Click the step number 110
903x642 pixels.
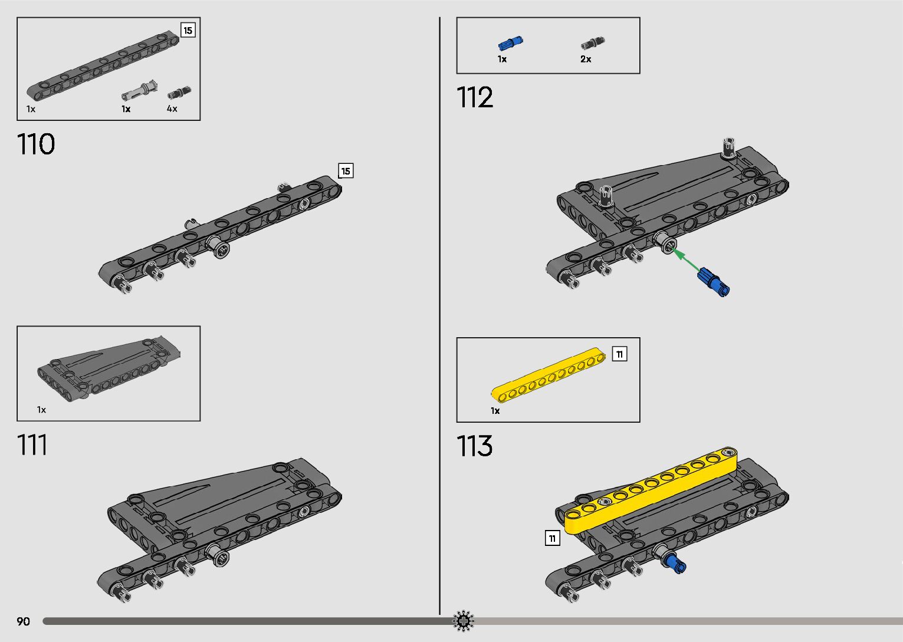36,144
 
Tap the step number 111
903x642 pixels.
32,445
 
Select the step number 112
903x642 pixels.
475,97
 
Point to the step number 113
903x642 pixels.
474,446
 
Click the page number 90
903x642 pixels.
24,621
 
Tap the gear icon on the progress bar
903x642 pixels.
463,621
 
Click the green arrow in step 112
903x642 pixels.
687,260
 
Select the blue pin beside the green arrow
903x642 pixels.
713,282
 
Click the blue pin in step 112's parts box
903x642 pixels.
510,43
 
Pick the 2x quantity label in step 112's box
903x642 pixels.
586,59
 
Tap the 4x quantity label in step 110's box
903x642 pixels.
172,109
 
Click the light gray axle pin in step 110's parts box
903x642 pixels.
139,91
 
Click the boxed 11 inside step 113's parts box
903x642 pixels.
620,354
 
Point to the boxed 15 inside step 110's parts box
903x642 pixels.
188,31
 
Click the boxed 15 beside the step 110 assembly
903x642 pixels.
346,171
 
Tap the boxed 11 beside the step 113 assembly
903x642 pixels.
552,538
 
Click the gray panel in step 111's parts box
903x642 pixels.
109,370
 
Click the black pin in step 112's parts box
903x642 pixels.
593,43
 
